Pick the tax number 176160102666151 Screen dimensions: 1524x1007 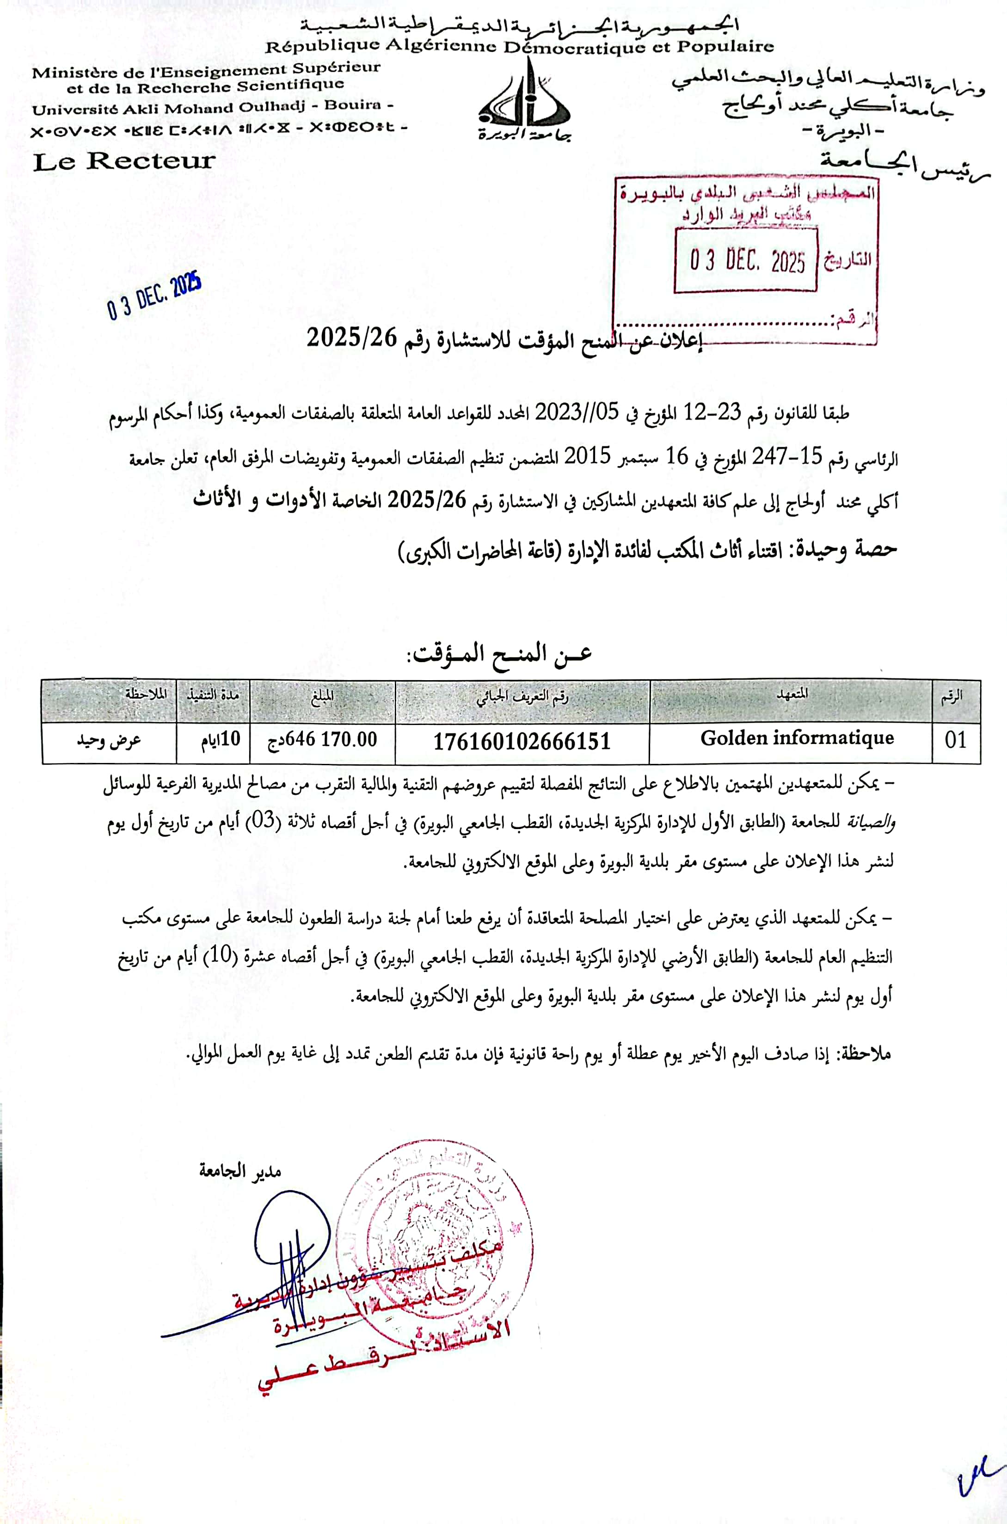(522, 742)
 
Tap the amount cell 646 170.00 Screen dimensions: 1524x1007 (322, 740)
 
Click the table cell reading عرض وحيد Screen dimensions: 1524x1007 (109, 740)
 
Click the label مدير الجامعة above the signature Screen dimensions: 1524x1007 (239, 1171)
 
